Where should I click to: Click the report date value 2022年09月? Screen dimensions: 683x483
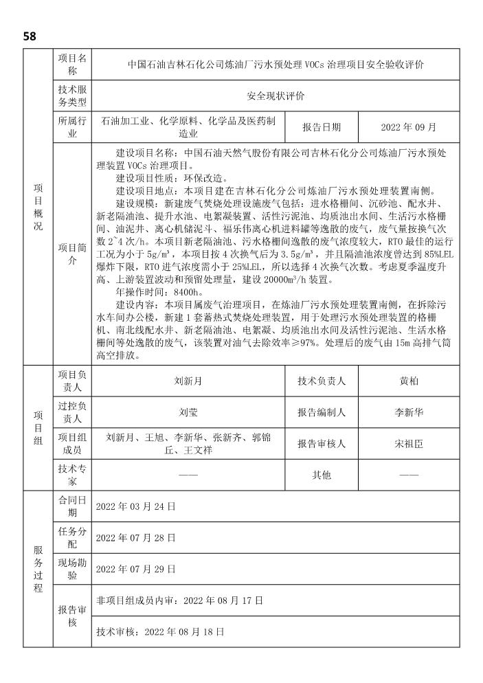coord(409,128)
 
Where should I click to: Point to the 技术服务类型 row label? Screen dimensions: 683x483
coord(72,96)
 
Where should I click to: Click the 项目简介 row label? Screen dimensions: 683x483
coord(72,254)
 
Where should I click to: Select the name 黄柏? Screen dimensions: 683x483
coord(409,381)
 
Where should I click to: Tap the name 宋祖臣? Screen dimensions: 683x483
coord(409,444)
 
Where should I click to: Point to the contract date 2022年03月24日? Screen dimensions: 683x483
coord(136,506)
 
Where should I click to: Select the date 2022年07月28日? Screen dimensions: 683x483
coord(136,537)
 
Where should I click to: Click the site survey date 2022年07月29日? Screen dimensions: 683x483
coord(136,569)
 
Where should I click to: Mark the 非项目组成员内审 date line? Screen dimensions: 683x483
coord(180,601)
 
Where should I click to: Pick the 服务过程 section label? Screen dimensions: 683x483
coord(38,569)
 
